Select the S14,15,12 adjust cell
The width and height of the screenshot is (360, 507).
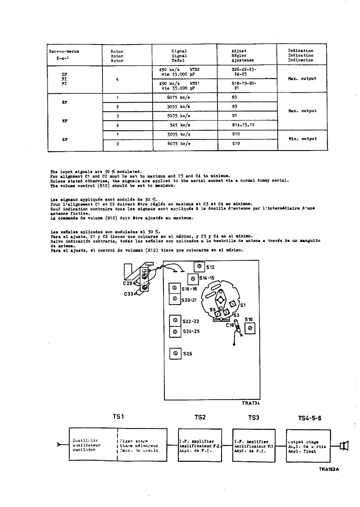(x=243, y=125)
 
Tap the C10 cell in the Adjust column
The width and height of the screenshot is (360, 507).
(x=236, y=143)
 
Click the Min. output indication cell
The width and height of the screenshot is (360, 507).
(x=302, y=139)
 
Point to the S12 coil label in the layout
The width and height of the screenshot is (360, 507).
(x=210, y=267)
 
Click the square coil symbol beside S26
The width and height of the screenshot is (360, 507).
(x=175, y=353)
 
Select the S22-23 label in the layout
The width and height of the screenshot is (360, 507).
(x=191, y=321)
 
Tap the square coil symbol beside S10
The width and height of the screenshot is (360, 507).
(x=250, y=329)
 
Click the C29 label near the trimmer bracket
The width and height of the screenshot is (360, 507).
(x=128, y=283)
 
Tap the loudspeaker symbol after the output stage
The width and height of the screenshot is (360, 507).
(x=344, y=446)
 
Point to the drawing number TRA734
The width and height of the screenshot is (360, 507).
(x=250, y=403)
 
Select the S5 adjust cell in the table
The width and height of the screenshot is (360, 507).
(x=234, y=97)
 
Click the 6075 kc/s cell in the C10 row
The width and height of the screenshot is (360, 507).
(x=179, y=143)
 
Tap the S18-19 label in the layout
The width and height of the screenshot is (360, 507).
(x=189, y=289)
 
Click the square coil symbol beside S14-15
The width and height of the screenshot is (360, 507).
(x=193, y=279)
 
